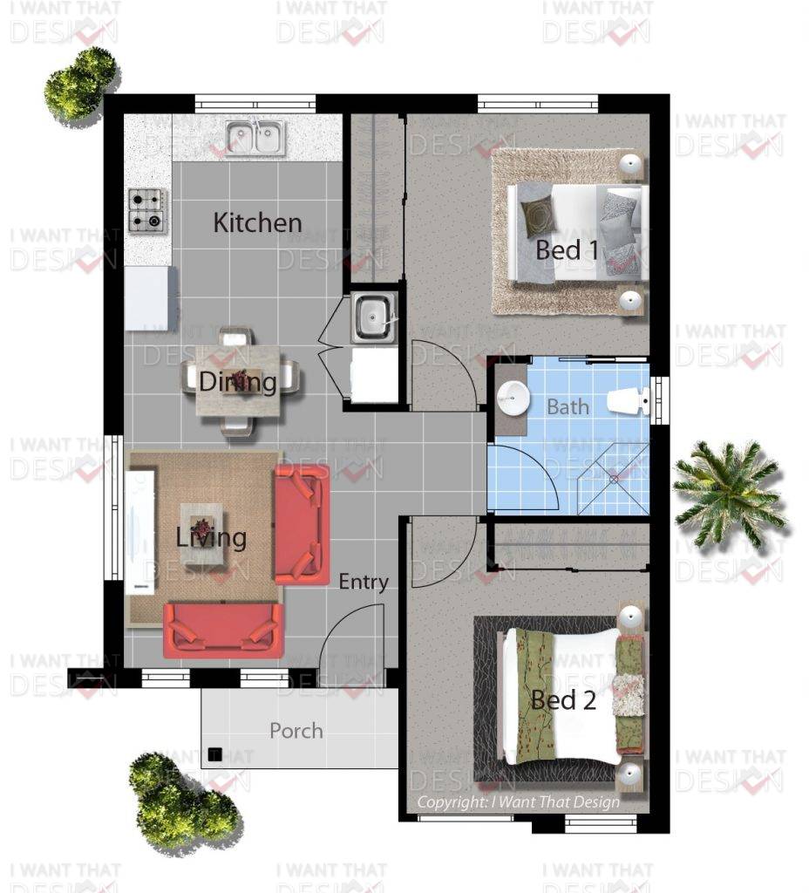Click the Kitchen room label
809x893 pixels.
click(257, 222)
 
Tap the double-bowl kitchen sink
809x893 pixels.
click(255, 139)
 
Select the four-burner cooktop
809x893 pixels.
click(148, 211)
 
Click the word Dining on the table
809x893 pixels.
click(238, 382)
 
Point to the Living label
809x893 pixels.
click(211, 538)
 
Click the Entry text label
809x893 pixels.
click(364, 582)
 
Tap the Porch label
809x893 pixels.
click(296, 731)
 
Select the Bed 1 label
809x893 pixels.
click(567, 250)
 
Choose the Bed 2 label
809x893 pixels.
click(564, 700)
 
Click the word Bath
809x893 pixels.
click(568, 406)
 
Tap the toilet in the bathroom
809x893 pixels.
click(628, 400)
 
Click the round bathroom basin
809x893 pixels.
click(513, 397)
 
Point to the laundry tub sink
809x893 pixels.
click(373, 317)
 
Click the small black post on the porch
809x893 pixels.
click(214, 754)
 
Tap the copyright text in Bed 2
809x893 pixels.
click(518, 802)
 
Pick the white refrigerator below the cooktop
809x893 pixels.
click(151, 298)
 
